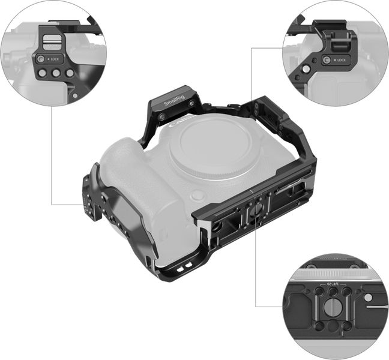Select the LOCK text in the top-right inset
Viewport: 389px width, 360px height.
click(x=340, y=61)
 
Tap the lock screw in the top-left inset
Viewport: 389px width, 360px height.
click(x=41, y=61)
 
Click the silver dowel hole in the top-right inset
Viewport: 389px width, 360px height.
click(x=295, y=77)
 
